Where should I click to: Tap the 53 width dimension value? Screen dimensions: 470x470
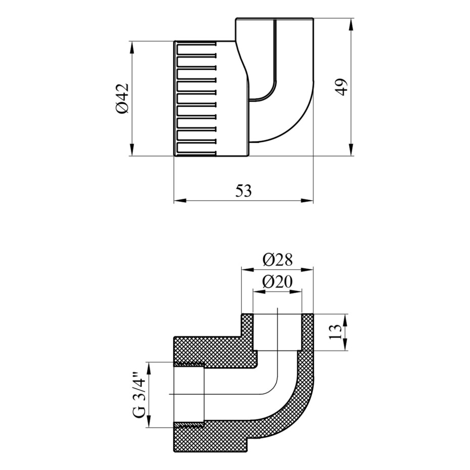[x=244, y=191]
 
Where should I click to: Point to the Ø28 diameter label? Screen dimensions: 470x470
[x=277, y=260]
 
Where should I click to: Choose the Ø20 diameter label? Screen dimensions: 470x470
[x=277, y=282]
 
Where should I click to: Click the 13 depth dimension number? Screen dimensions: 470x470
[x=336, y=332]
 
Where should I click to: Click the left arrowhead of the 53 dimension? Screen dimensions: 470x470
[x=180, y=200]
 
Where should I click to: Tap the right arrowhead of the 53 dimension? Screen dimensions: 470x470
[x=307, y=200]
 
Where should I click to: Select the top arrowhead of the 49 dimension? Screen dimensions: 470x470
[x=351, y=25]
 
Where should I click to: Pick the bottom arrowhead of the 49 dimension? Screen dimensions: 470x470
[x=351, y=150]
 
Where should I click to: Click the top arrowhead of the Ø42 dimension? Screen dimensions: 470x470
[x=131, y=48]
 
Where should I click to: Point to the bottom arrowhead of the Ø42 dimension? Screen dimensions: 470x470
[x=131, y=150]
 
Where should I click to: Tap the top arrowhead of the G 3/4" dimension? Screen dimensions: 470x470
[x=148, y=368]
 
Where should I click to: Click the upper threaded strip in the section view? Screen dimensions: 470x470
[x=189, y=364]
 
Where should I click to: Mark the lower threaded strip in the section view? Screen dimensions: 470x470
[x=189, y=426]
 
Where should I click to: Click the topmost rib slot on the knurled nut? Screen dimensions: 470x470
[x=196, y=45]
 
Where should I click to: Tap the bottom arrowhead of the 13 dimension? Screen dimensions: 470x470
[x=346, y=344]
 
